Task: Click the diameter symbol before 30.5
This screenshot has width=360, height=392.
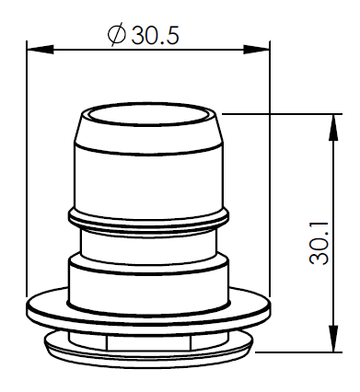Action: tap(117, 34)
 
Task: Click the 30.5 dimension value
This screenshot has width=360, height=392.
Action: tap(155, 35)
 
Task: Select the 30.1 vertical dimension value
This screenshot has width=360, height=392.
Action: tap(319, 244)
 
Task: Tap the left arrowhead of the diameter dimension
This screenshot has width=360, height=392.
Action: tap(41, 50)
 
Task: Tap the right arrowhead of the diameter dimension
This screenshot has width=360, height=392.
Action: tap(257, 50)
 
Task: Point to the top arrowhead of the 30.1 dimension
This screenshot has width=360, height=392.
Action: tap(333, 127)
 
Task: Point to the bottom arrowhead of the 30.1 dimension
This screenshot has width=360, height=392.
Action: tap(333, 339)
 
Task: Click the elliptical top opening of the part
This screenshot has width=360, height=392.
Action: tap(148, 115)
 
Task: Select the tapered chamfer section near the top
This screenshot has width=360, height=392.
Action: tap(148, 132)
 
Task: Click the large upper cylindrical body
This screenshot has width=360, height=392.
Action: tap(148, 181)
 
